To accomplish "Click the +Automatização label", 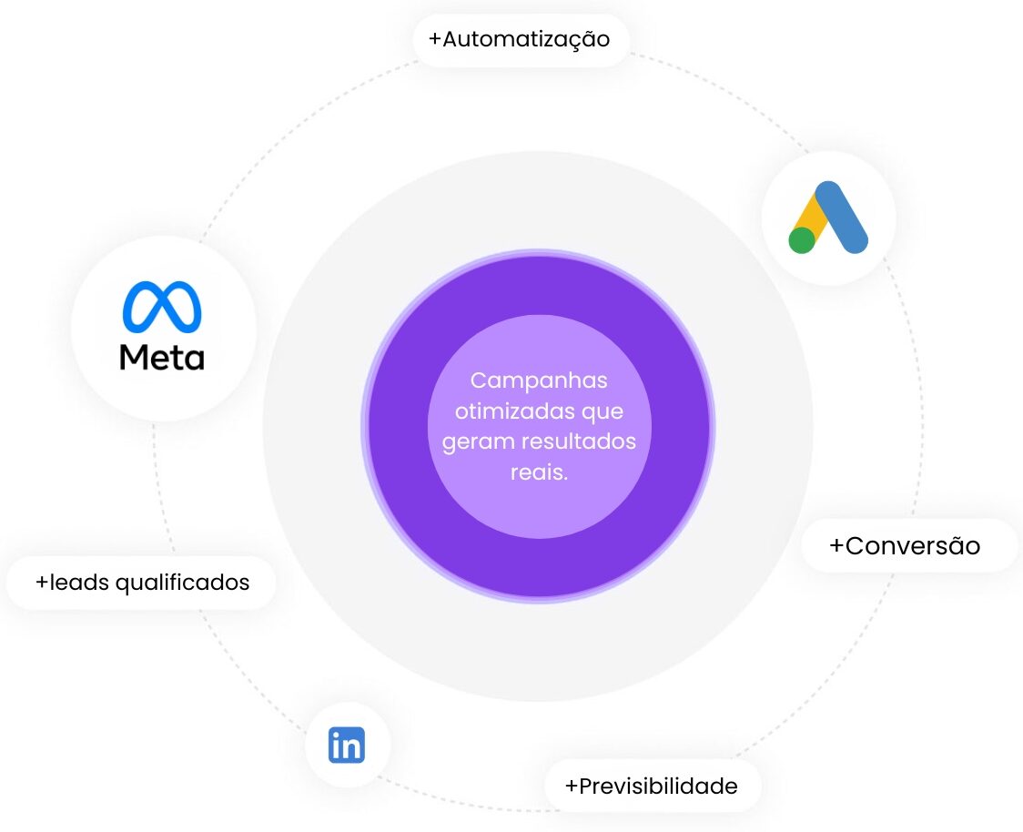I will click(x=520, y=40).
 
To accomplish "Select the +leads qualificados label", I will click(x=142, y=582).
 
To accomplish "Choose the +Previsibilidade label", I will click(x=652, y=786).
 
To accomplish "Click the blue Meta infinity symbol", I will click(x=162, y=306).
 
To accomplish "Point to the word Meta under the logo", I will click(x=162, y=357).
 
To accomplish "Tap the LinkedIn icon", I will click(x=347, y=745).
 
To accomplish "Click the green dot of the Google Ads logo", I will click(x=802, y=240).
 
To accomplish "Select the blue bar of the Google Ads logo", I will click(x=842, y=217).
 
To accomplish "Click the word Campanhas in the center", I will click(x=539, y=380).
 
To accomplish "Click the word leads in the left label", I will click(x=78, y=582).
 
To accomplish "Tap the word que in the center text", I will click(x=605, y=411).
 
